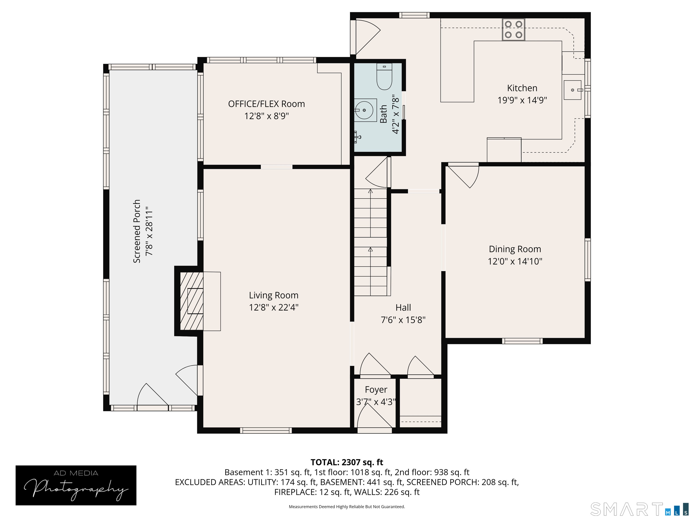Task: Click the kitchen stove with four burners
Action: click(513, 30)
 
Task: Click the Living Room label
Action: click(273, 295)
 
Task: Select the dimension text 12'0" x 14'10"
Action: click(515, 261)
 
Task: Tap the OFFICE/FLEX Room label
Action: click(266, 104)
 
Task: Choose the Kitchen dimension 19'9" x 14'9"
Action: click(522, 100)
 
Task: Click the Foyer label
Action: click(376, 389)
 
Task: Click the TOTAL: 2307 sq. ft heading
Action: click(347, 462)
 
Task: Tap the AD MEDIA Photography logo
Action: click(76, 485)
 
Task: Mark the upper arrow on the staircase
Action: click(370, 192)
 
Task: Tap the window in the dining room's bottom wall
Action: click(522, 341)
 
